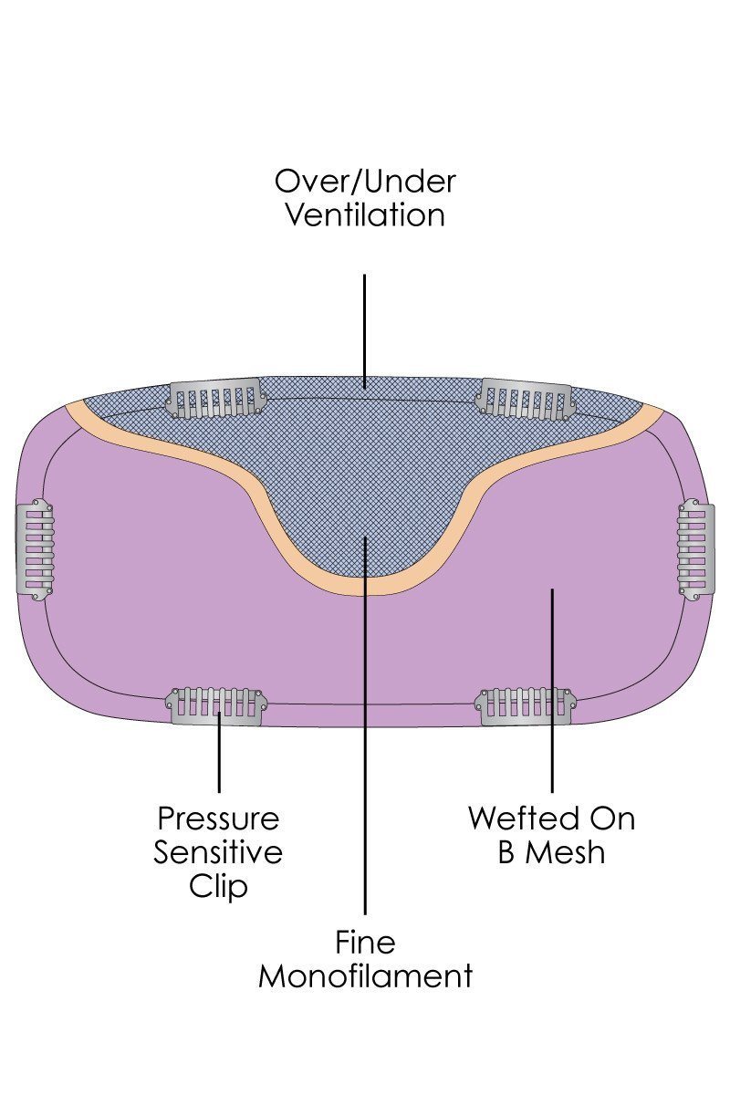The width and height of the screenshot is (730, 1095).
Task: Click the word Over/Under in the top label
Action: [365, 181]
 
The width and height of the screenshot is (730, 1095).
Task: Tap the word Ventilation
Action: [365, 215]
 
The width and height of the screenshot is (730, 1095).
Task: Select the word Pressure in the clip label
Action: [218, 818]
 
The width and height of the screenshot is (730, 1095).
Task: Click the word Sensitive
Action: [218, 852]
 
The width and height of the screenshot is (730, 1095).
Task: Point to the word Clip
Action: [218, 886]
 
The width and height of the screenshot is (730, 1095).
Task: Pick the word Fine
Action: [365, 941]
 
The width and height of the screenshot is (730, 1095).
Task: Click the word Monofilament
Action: [365, 975]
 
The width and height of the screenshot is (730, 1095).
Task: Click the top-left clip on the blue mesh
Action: [216, 399]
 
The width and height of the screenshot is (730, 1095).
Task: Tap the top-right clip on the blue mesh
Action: [526, 398]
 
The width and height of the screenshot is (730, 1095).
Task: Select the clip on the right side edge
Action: [696, 548]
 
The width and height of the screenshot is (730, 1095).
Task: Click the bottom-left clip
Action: [217, 704]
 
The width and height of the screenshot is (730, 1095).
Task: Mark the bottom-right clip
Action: [524, 705]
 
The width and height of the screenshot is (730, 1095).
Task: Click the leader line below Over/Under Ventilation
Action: [365, 328]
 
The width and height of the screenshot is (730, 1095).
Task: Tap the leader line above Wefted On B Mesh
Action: [552, 693]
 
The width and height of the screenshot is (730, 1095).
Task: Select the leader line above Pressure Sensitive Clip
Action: [219, 757]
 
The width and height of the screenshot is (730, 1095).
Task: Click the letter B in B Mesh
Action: [506, 852]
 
